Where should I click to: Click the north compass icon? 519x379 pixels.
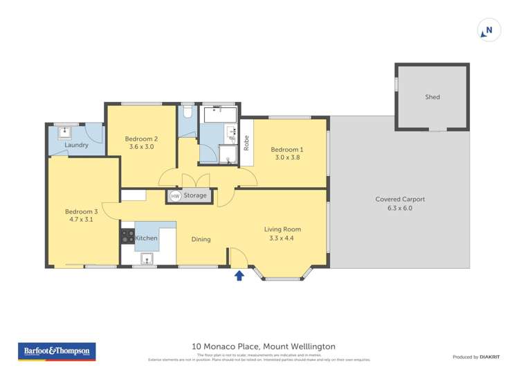(x=489, y=30)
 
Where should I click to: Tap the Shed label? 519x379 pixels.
(x=432, y=98)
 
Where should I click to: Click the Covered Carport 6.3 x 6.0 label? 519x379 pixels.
(x=400, y=203)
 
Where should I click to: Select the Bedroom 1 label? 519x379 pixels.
(x=286, y=153)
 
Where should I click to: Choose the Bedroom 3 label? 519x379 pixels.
(x=81, y=215)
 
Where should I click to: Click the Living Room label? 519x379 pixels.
(x=282, y=233)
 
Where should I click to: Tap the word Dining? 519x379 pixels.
(x=201, y=240)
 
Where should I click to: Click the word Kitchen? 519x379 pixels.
(x=146, y=238)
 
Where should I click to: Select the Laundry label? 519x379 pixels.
(x=76, y=146)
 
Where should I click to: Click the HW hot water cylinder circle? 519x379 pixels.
(x=175, y=196)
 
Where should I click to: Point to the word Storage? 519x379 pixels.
(x=195, y=196)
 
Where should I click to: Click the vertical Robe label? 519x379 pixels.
(x=246, y=143)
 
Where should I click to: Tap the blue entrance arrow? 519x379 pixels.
(x=239, y=276)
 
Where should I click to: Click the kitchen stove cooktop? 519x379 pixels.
(x=128, y=236)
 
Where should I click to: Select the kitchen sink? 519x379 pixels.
(x=147, y=259)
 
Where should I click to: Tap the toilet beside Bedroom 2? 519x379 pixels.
(x=188, y=112)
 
